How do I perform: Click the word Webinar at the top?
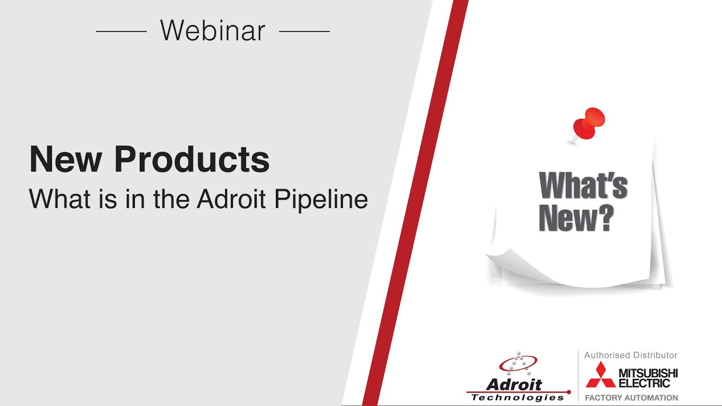[213, 30]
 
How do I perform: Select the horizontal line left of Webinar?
[121, 31]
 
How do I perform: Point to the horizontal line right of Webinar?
[304, 31]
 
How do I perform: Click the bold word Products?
[192, 160]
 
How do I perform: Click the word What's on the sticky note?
[583, 186]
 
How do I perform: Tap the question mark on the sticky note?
[604, 218]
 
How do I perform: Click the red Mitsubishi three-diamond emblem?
[600, 374]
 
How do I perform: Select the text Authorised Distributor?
[631, 355]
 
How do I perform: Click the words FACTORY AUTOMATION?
[631, 398]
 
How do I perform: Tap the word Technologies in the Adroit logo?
[517, 398]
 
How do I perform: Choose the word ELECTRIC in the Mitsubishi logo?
[644, 383]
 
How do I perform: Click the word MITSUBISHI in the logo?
[648, 373]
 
